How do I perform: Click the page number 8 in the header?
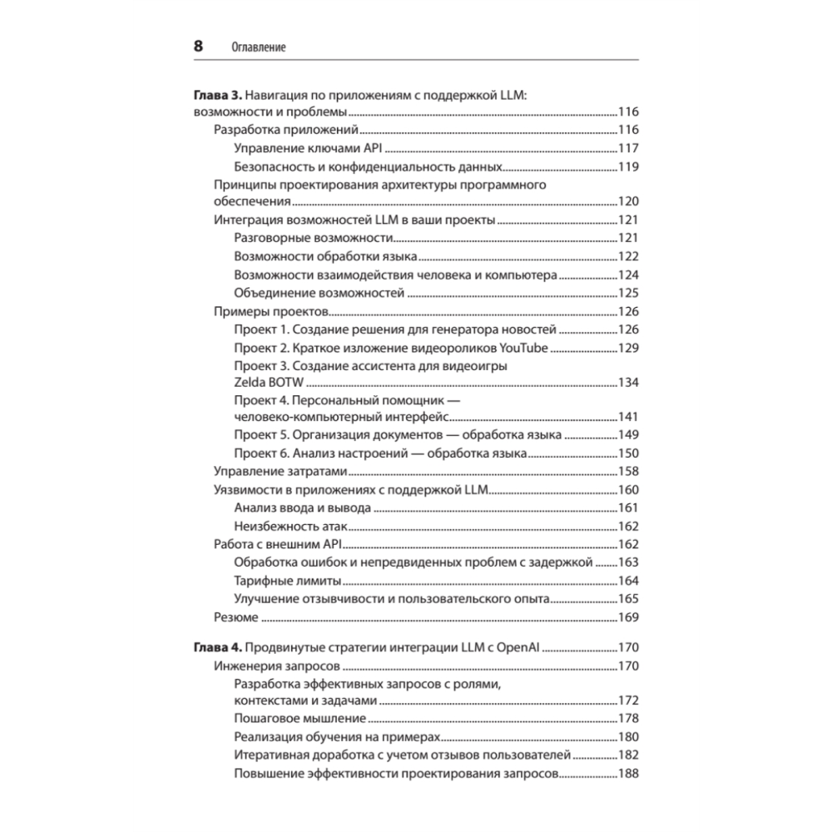click(x=198, y=47)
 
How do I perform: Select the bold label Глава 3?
click(x=218, y=96)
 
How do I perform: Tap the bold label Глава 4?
click(x=218, y=647)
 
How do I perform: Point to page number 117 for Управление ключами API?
click(x=626, y=149)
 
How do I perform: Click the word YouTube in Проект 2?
click(x=523, y=347)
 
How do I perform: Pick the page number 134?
click(x=626, y=382)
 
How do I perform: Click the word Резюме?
click(x=235, y=617)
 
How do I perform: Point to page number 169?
click(x=626, y=617)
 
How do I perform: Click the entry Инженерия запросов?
click(x=275, y=666)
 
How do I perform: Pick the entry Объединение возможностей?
click(x=319, y=293)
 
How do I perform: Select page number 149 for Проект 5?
click(x=626, y=434)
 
